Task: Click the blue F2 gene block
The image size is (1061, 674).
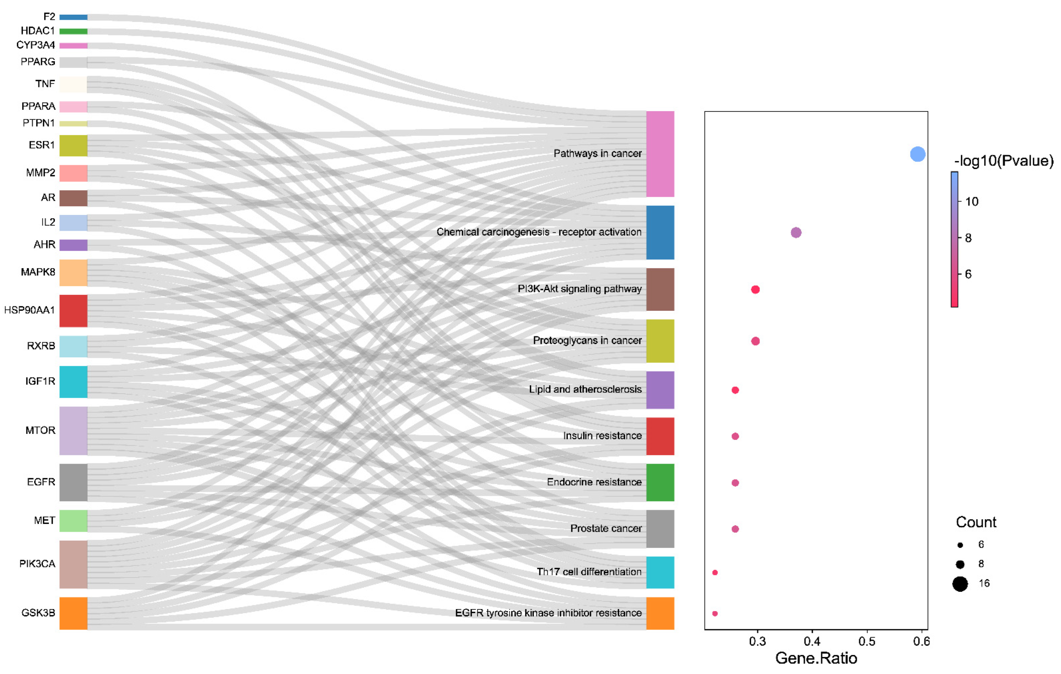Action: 73,17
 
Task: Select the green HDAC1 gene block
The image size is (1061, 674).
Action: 73,31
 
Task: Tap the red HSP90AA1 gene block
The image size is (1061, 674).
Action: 73,311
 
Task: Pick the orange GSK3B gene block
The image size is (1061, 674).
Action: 73,613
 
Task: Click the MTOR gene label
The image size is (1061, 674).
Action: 40,430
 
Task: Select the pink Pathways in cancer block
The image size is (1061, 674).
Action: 660,154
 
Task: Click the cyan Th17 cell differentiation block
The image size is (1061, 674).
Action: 660,572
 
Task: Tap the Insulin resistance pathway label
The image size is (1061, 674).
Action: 602,436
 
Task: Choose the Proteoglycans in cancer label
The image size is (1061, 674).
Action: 587,340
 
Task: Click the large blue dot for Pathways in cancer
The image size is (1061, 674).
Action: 917,154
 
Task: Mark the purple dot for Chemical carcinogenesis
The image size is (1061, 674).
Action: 796,232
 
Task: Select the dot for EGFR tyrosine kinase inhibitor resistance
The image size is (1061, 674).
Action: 715,613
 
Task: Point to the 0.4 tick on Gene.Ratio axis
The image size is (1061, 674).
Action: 812,641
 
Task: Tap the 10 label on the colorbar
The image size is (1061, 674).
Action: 972,202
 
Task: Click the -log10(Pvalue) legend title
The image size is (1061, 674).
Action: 1003,161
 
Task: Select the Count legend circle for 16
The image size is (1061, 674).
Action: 960,584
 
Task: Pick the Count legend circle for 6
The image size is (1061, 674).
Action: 960,545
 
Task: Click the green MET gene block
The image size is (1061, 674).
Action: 73,521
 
